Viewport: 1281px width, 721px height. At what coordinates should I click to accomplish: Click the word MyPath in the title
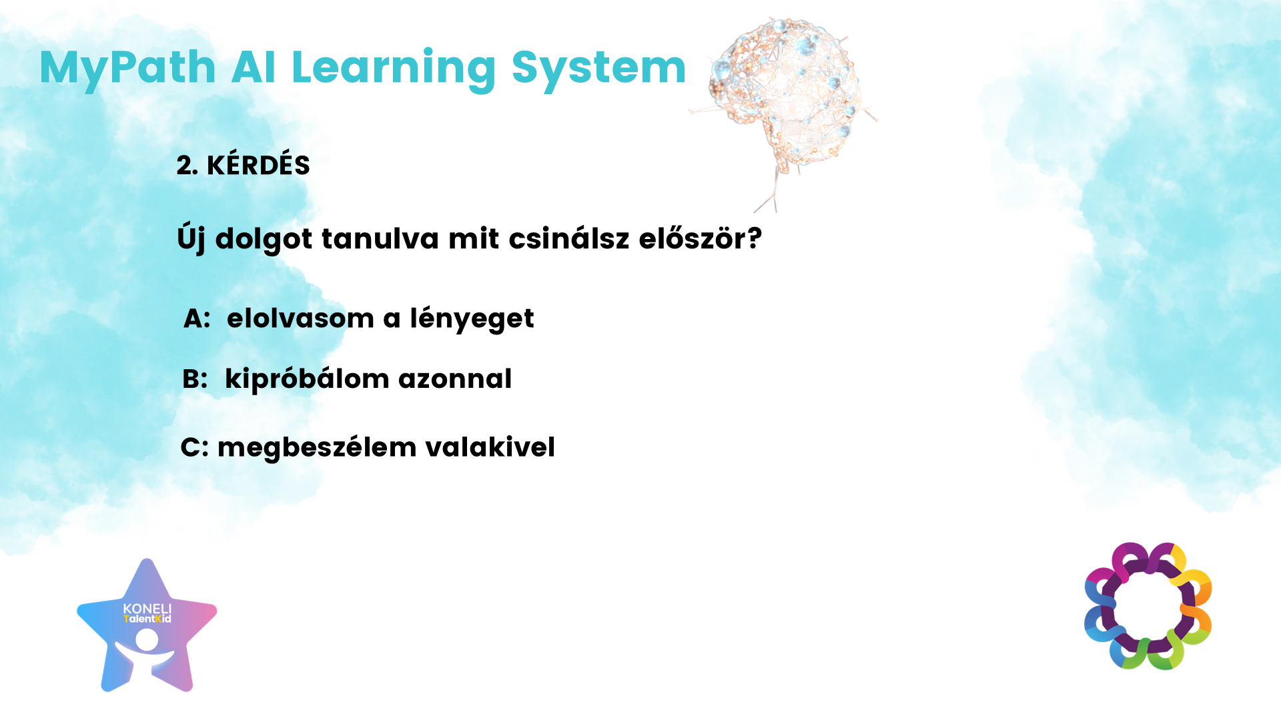(127, 69)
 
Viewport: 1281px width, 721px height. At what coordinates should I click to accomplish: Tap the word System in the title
(598, 69)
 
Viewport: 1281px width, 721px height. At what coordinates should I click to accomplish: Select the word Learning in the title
(394, 69)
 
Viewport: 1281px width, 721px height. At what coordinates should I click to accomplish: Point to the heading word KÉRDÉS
(258, 164)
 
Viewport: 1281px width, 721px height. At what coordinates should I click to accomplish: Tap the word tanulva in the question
(380, 238)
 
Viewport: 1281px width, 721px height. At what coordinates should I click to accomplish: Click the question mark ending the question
(755, 238)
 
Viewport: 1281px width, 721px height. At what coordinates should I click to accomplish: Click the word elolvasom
(300, 318)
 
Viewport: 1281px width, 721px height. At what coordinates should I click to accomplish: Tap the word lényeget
(472, 320)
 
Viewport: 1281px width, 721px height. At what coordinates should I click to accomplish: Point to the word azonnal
(455, 380)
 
